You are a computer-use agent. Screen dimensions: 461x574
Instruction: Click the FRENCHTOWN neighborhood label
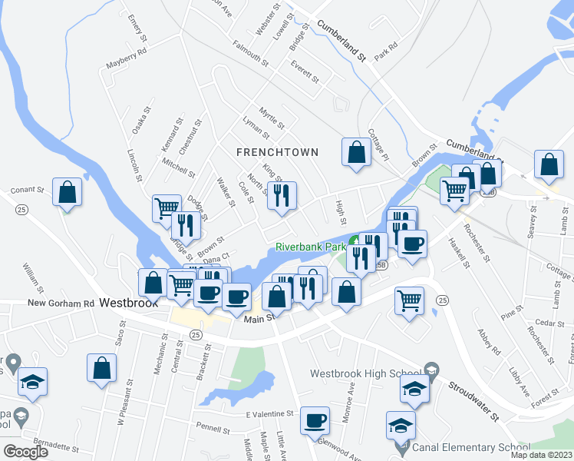pyautogui.click(x=277, y=152)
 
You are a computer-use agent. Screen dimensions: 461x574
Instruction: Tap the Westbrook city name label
pyautogui.click(x=128, y=303)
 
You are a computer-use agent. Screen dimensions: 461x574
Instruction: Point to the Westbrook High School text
pyautogui.click(x=365, y=374)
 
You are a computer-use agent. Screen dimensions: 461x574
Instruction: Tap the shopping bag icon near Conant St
pyautogui.click(x=67, y=191)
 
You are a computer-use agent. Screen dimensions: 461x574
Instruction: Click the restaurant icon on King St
pyautogui.click(x=282, y=195)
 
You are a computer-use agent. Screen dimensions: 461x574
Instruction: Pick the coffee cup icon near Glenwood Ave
pyautogui.click(x=315, y=420)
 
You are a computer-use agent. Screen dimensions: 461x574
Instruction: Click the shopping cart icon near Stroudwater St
pyautogui.click(x=410, y=300)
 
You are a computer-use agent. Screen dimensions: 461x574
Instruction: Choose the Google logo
pyautogui.click(x=25, y=452)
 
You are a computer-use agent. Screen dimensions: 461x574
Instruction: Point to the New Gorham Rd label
pyautogui.click(x=60, y=303)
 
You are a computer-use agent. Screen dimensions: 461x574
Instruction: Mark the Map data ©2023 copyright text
pyautogui.click(x=542, y=455)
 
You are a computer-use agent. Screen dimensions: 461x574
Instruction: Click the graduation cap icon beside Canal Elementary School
pyautogui.click(x=401, y=425)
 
